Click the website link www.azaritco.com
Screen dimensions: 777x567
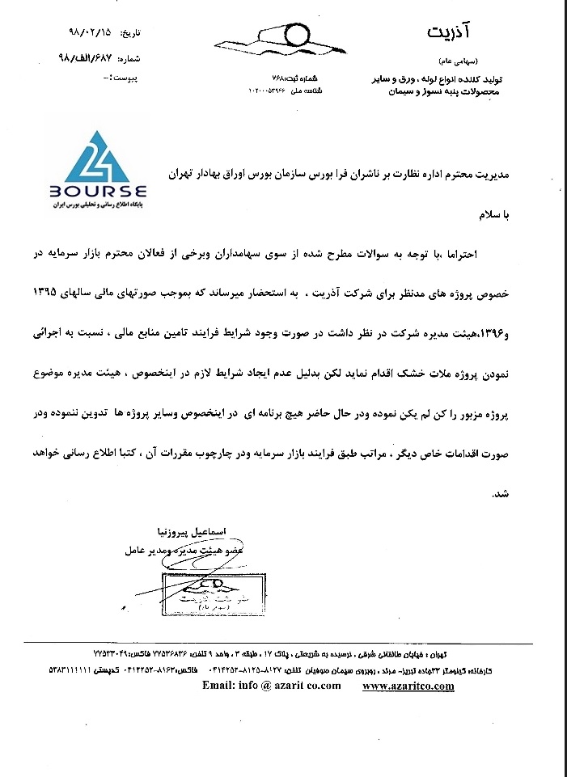[x=408, y=686]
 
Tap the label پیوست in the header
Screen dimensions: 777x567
[x=129, y=80]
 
